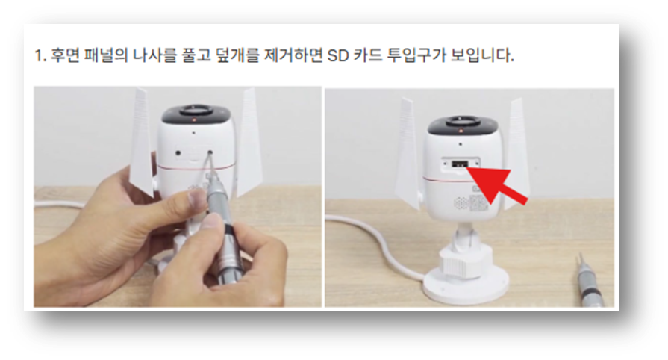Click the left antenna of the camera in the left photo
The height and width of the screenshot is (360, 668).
[x=141, y=143]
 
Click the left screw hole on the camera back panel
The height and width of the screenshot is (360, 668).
[x=179, y=153]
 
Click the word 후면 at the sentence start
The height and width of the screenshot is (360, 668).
[x=63, y=56]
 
